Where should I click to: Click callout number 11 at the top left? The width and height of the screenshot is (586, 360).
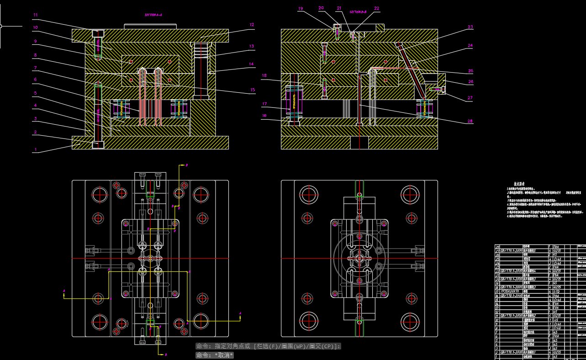tap(35, 15)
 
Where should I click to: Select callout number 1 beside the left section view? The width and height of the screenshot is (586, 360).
tap(35, 149)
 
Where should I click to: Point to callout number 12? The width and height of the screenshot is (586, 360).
tap(252, 25)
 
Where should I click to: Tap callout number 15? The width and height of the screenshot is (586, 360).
tap(252, 90)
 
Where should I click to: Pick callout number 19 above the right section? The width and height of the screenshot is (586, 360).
tap(301, 8)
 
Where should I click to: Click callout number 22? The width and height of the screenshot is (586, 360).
tap(376, 8)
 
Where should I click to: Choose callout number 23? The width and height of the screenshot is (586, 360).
tap(470, 27)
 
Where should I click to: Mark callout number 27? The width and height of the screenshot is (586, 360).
tap(470, 98)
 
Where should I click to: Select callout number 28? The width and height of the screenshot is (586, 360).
tap(470, 121)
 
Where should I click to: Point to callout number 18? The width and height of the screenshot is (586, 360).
tap(264, 75)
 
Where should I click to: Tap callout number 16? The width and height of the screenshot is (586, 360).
tap(264, 116)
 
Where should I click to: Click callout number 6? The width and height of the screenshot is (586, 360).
tap(35, 79)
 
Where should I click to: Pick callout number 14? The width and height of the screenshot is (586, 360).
tap(252, 64)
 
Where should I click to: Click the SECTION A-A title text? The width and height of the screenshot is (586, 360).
tap(153, 15)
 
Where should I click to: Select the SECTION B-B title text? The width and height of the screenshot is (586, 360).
tap(358, 12)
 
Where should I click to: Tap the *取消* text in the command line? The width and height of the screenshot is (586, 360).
tap(224, 355)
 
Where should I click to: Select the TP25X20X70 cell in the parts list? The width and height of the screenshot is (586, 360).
tap(510, 291)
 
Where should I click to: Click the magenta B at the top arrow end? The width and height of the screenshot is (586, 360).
tap(186, 164)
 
